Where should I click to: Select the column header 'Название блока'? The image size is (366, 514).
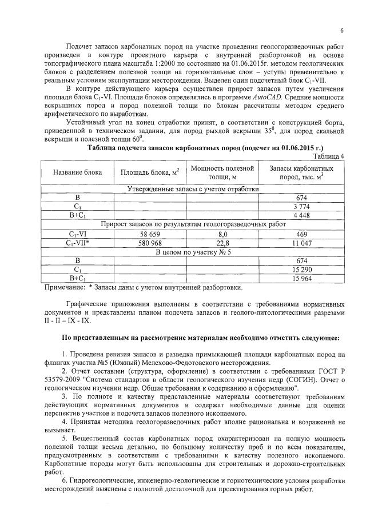pos(77,172)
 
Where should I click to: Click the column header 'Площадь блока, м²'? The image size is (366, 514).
pos(150,172)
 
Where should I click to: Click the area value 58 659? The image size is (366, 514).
pos(150,234)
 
